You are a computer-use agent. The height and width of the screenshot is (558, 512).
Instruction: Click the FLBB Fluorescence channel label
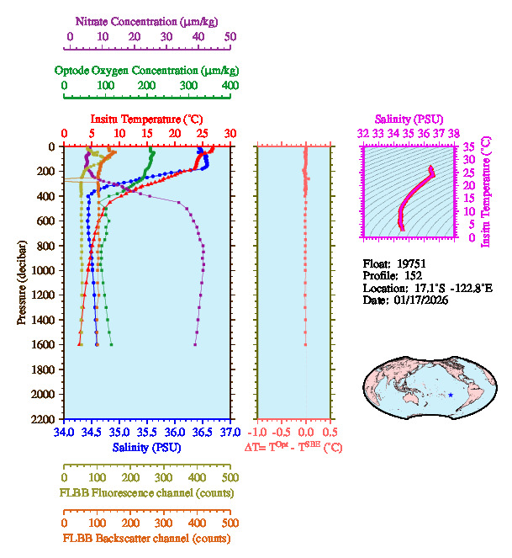[x=146, y=492]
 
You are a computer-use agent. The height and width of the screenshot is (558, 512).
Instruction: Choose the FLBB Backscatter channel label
[x=146, y=539]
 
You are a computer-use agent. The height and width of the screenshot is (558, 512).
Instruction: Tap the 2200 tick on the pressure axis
[x=44, y=419]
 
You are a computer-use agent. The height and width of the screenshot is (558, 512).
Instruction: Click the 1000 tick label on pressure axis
[x=44, y=270]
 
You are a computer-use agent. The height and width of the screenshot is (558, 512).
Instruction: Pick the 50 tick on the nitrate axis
[x=230, y=37]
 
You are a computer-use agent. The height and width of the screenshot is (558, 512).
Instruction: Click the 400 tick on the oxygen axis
[x=230, y=85]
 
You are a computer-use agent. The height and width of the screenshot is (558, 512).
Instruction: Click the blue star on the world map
[x=451, y=395]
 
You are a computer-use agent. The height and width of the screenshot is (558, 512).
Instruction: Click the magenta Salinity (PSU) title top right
[x=409, y=120]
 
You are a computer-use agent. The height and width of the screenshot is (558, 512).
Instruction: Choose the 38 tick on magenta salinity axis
[x=454, y=133]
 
